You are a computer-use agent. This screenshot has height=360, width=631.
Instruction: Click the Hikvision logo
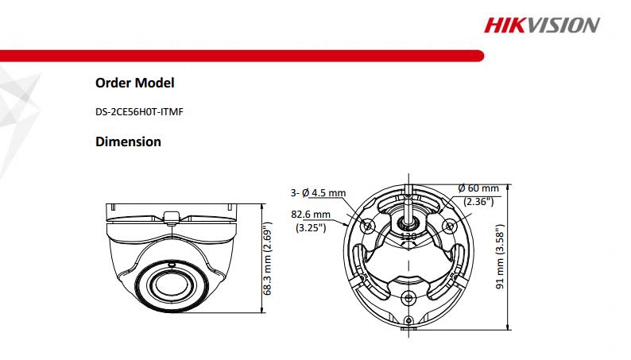pos(542,25)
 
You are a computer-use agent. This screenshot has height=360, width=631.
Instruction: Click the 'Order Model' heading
pos(134,83)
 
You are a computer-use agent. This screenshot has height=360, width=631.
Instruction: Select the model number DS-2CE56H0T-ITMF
pos(139,112)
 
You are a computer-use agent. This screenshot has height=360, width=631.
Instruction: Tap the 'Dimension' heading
pos(128,142)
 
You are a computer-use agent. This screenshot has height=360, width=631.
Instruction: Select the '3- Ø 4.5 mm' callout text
pos(319,192)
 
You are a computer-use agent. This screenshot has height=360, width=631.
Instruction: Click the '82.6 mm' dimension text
pos(311,215)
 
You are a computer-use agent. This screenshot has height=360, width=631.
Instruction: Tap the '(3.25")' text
pos(311,227)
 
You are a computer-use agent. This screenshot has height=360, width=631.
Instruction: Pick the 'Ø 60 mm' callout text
pos(478,188)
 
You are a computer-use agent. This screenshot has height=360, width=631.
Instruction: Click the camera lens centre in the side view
pos(166,284)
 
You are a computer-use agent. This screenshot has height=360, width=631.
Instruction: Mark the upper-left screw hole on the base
pos(368,226)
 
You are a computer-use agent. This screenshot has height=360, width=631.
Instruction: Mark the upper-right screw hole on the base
pos(450,226)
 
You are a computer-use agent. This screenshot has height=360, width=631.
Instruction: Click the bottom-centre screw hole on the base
pos(408,298)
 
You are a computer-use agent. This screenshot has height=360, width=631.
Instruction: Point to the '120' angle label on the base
pos(408,237)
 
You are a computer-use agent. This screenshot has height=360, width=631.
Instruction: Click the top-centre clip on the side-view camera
pos(170,216)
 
